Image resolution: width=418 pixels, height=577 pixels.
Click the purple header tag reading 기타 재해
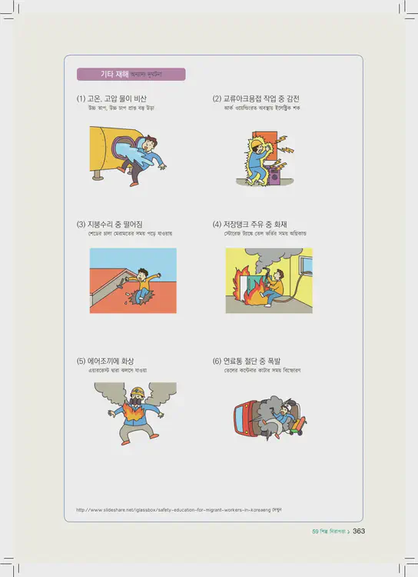131,75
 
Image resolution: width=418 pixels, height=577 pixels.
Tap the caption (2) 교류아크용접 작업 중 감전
256,99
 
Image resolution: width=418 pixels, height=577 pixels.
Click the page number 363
358,531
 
